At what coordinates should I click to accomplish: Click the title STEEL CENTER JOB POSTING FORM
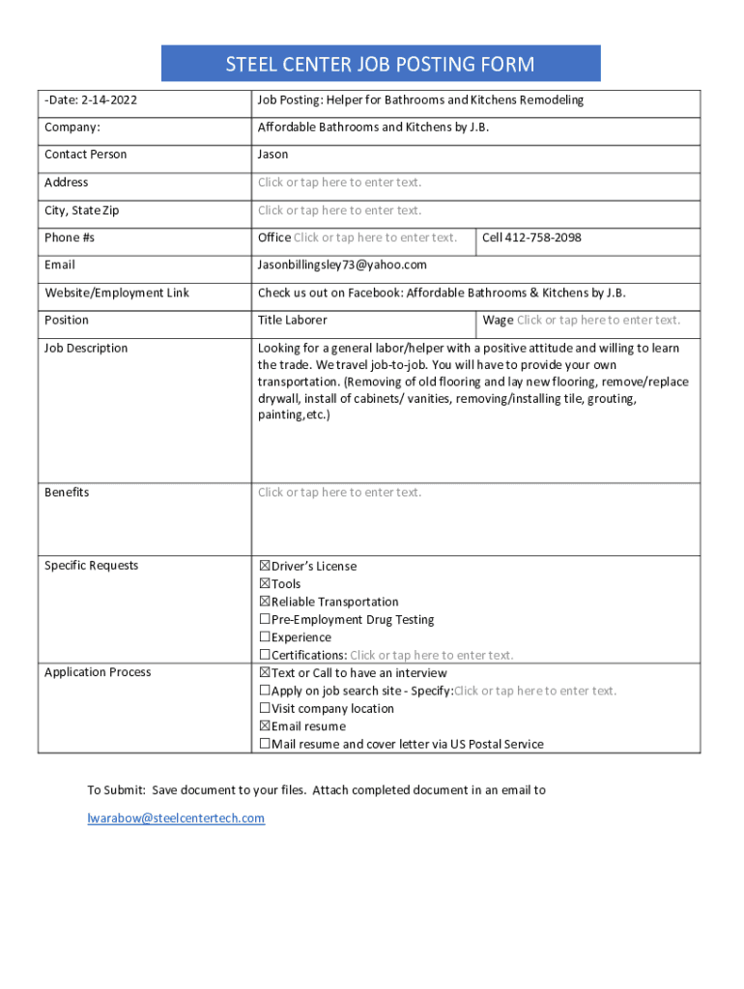tap(380, 65)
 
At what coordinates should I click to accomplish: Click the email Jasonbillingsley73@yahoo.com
tap(342, 265)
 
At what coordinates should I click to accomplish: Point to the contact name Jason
tap(272, 155)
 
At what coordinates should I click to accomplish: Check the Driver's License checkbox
tap(265, 566)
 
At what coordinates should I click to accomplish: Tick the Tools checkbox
tap(265, 584)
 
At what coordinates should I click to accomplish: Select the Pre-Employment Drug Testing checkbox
tap(265, 620)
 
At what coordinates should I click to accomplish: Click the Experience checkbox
tap(265, 637)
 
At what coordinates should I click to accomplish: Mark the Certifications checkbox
tap(265, 656)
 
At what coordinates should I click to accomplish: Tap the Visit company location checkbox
tap(265, 709)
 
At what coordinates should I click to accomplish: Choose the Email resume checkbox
tap(265, 726)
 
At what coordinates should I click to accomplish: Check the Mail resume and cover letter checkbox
tap(265, 745)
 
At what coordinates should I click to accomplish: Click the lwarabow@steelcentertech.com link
tap(176, 819)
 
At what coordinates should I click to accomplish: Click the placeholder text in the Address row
tap(339, 183)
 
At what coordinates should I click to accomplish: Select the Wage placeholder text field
tap(598, 321)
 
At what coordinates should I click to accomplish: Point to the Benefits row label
tap(67, 493)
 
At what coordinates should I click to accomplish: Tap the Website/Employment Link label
tap(117, 293)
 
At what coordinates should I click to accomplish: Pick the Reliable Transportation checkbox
tap(265, 602)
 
